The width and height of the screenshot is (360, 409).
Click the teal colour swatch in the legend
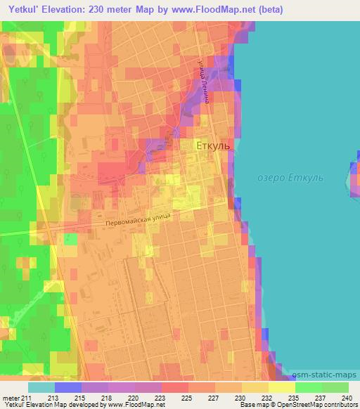point(41,387)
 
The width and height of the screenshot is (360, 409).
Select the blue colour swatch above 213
point(68,387)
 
